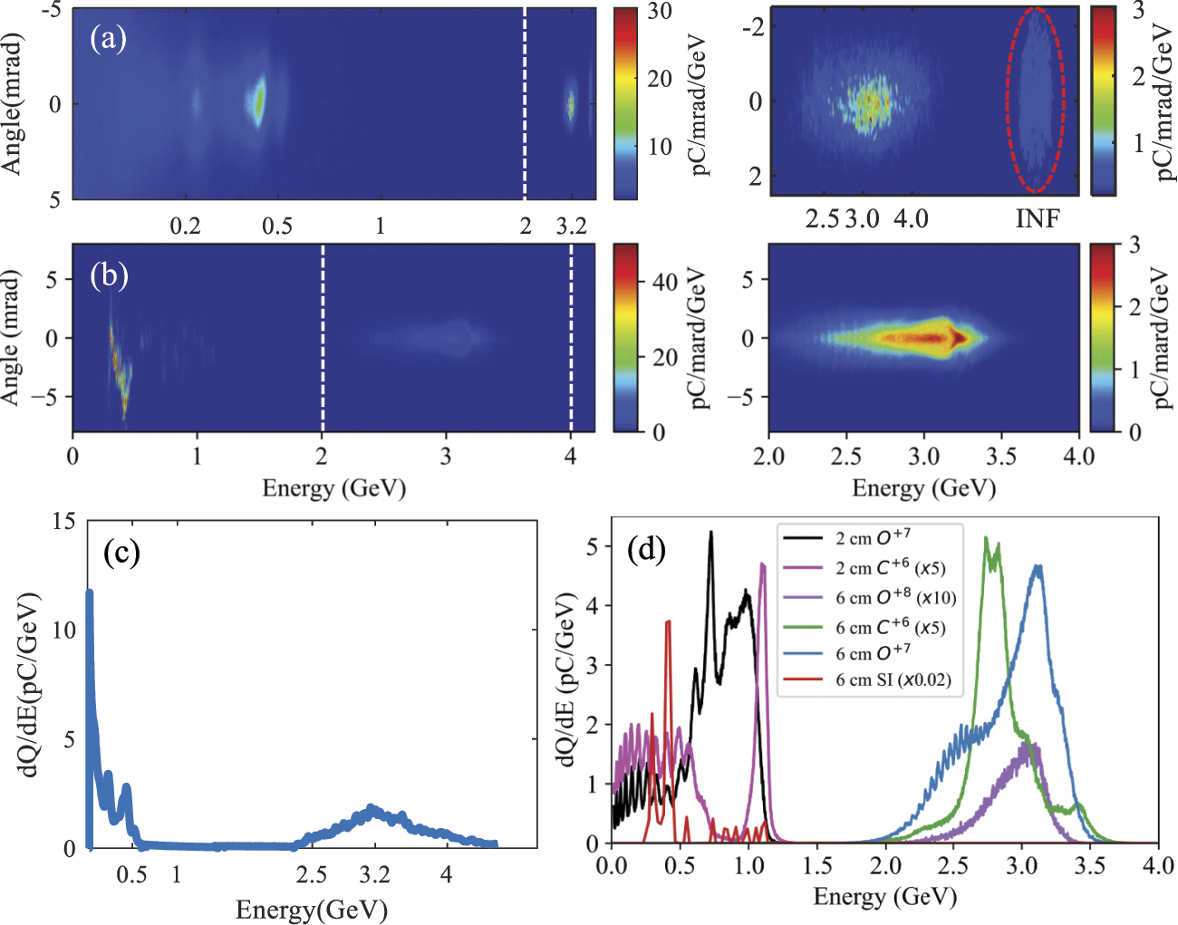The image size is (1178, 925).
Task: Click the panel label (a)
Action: [x=108, y=38]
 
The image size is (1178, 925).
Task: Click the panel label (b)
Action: [x=109, y=275]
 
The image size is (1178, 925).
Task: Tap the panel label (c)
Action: [x=121, y=552]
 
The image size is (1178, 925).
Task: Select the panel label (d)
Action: [x=646, y=549]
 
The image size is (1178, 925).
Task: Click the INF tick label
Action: [x=1037, y=219]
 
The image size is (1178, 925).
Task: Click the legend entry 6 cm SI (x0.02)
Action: [x=893, y=679]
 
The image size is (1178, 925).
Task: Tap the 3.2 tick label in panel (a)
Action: [x=571, y=226]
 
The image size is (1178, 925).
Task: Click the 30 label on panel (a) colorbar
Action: [x=660, y=12]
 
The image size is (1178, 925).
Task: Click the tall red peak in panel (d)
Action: [x=668, y=621]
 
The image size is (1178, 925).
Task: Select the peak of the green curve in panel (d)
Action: [x=986, y=538]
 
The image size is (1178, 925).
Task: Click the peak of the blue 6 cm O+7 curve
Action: [x=1038, y=567]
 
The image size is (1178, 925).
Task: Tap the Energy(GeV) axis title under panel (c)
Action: [x=311, y=910]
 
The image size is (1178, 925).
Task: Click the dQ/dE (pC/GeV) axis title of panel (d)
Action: [x=568, y=680]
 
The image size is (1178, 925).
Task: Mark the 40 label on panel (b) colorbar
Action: [x=665, y=282]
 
